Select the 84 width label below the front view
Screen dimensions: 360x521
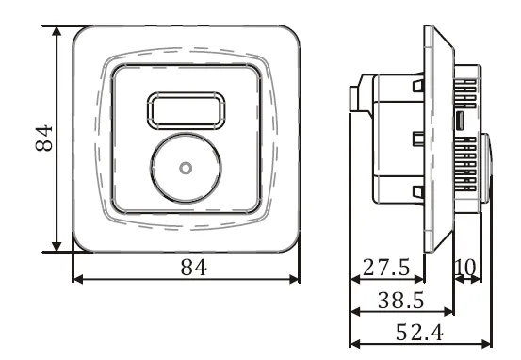[193, 267]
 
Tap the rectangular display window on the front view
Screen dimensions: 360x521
[186, 111]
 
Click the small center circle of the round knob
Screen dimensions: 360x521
[186, 168]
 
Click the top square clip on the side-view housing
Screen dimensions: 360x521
[415, 86]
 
